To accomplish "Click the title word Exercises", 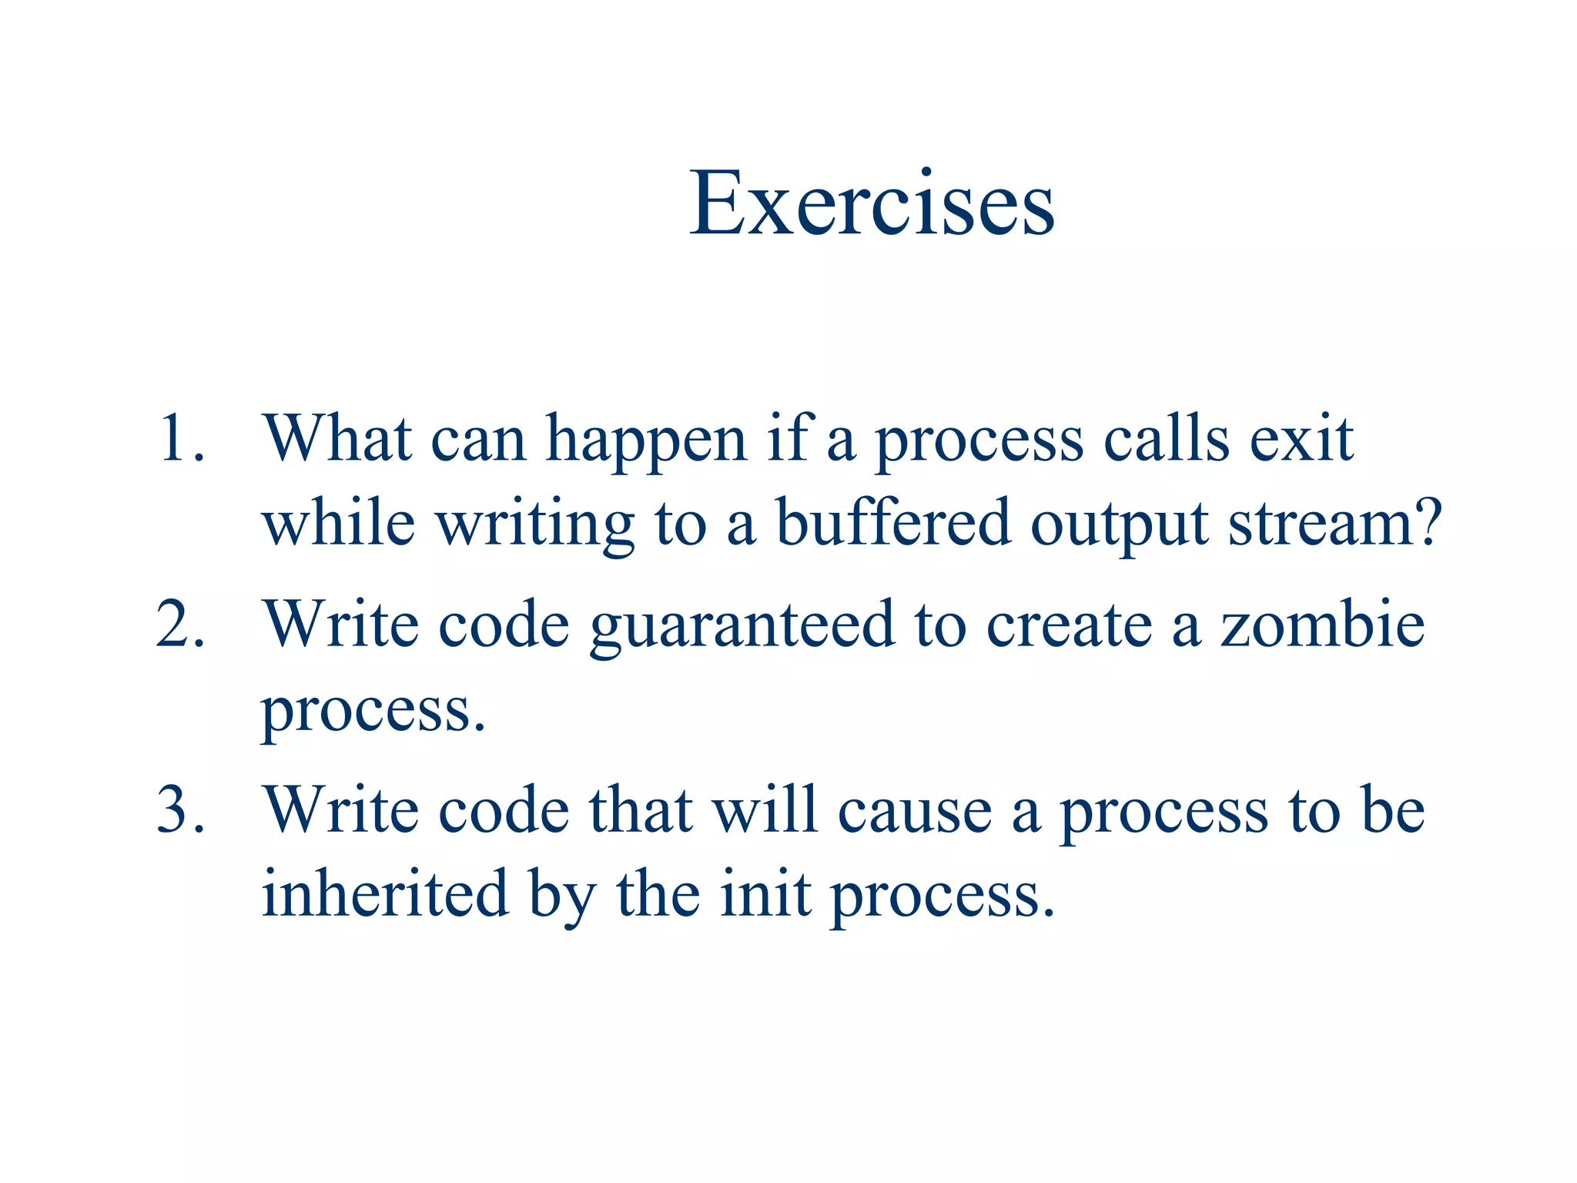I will (x=871, y=203).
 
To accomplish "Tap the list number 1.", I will (x=181, y=439).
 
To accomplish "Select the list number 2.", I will (x=181, y=624).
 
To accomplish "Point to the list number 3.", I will (x=181, y=810).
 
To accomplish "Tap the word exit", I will (x=1301, y=439).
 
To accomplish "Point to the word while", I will (x=339, y=523).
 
